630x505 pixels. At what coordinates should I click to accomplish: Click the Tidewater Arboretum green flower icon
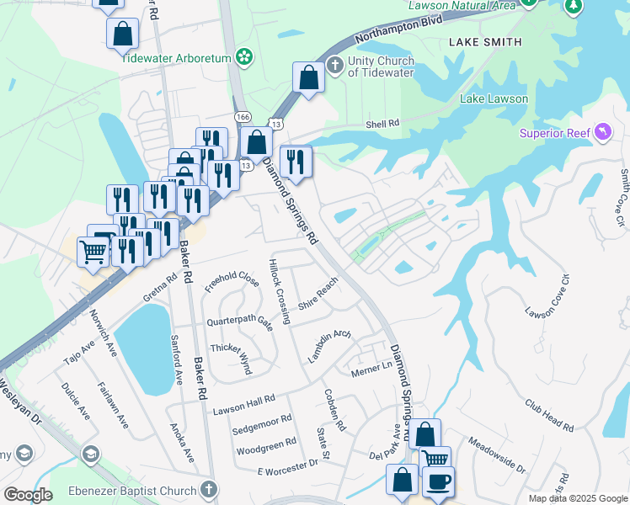[244, 57]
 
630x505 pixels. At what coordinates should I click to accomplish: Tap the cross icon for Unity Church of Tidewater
[335, 65]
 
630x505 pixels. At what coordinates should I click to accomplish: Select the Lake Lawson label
[494, 99]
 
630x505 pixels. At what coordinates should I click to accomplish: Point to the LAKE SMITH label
[485, 42]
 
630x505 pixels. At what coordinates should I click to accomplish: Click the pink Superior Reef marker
[603, 132]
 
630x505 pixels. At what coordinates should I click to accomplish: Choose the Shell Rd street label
[382, 125]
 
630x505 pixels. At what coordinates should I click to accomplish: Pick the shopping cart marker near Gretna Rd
[93, 250]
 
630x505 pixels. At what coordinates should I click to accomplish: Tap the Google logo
[28, 495]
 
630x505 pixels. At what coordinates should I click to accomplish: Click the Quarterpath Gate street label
[240, 323]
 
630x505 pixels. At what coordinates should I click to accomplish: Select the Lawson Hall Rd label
[244, 402]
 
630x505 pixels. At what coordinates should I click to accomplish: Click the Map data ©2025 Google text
[577, 498]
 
